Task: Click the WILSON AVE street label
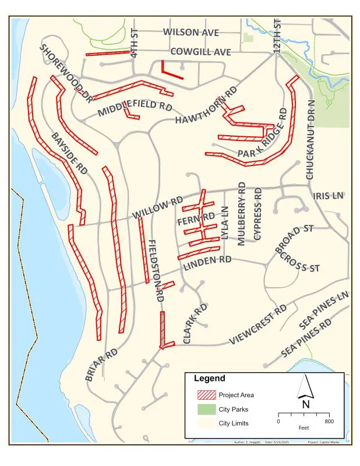tap(190, 32)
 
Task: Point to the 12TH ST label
tap(277, 37)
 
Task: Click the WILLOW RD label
tap(158, 209)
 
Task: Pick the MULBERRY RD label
tap(242, 211)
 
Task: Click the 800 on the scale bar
tap(329, 421)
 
